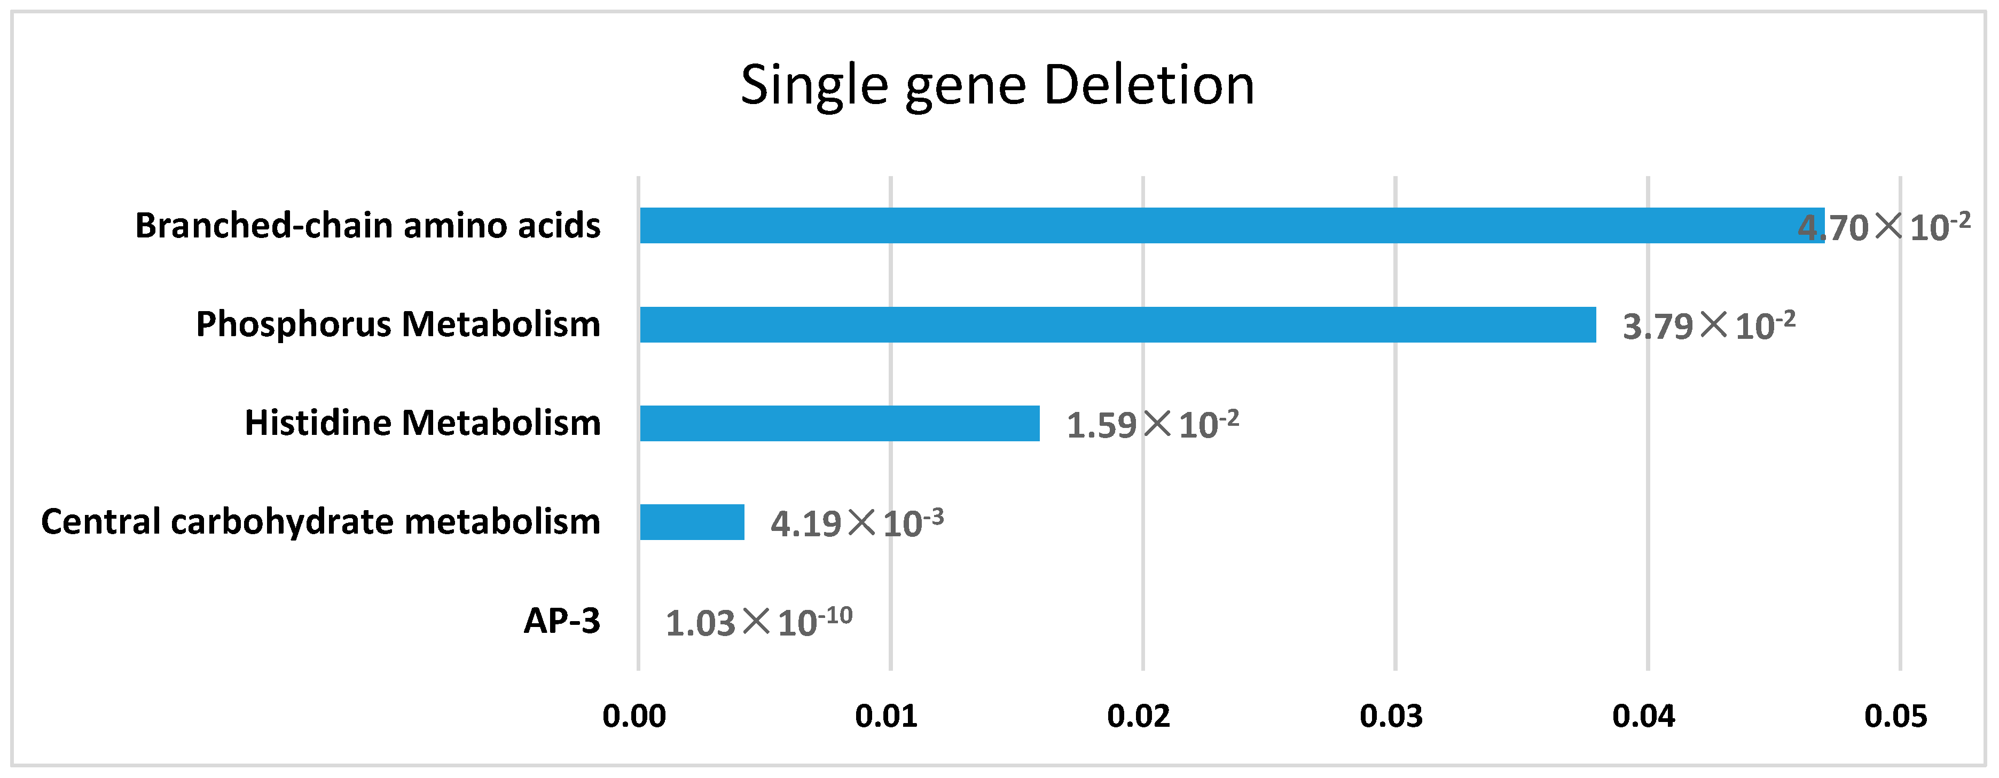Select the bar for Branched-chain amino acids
click(1226, 226)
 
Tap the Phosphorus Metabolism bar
click(1117, 324)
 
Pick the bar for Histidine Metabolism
click(840, 424)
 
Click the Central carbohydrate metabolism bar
click(692, 522)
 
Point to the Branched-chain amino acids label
click(368, 226)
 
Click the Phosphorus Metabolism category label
click(398, 324)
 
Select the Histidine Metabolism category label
click(423, 424)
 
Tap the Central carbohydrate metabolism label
click(320, 522)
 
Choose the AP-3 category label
click(562, 621)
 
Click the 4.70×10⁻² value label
click(1883, 226)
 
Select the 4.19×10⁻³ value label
click(857, 523)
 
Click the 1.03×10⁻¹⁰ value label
click(758, 621)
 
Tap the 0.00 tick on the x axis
click(634, 716)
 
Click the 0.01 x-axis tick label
click(886, 716)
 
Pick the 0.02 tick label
click(1139, 716)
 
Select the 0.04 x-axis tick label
click(1644, 716)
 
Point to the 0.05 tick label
click(1896, 716)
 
